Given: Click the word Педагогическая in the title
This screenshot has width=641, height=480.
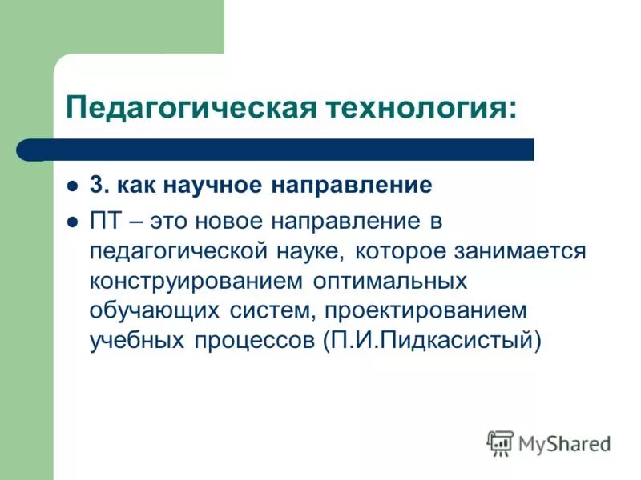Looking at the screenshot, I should click(190, 106).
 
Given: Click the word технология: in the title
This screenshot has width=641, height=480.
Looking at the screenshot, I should click(419, 106).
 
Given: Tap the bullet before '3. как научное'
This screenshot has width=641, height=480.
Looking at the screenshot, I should click(71, 186).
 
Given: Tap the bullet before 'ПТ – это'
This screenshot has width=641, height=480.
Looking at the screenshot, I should click(71, 222).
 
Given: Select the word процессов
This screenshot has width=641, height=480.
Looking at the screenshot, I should click(254, 342).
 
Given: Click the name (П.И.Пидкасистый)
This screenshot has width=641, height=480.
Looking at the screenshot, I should click(433, 342).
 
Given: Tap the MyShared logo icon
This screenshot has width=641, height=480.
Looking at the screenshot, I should click(499, 442).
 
